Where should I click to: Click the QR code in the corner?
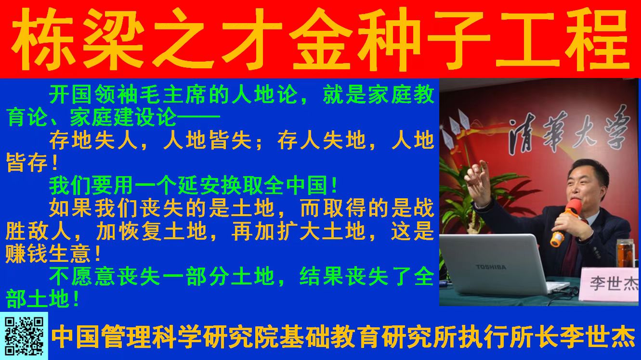[25, 335]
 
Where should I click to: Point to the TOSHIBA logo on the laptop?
[491, 267]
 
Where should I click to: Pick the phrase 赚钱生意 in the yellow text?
[48, 254]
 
